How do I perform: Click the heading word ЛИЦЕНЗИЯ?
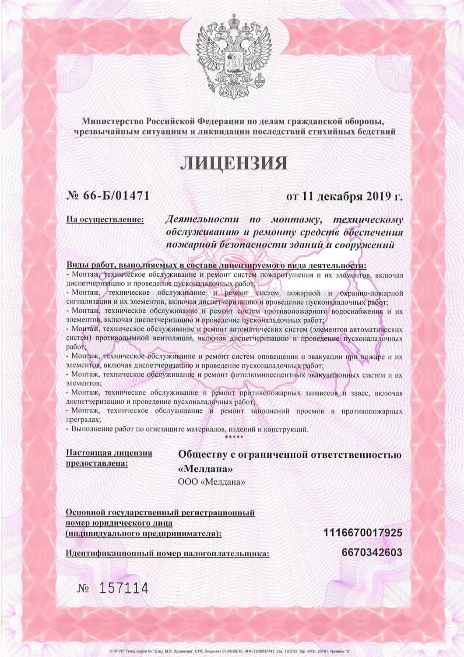point(234,163)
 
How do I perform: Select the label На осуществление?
point(105,219)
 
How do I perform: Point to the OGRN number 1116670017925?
point(362,533)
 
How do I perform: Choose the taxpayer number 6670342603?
point(372,552)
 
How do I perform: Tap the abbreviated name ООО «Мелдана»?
point(211,482)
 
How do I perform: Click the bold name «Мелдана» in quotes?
point(205,468)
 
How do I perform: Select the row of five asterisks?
point(234,437)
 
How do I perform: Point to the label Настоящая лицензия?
point(109,453)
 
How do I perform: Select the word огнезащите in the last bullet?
point(164,429)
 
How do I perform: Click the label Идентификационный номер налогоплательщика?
point(167,553)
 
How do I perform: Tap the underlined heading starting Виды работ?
point(216,266)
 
